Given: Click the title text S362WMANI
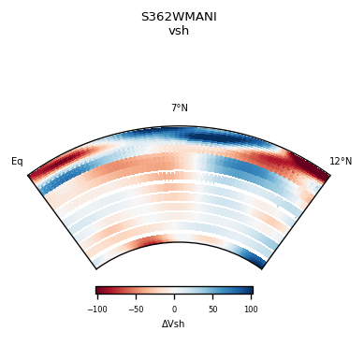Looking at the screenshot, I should (x=179, y=16).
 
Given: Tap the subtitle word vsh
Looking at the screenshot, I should (x=179, y=31).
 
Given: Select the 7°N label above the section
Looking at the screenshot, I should (x=179, y=108).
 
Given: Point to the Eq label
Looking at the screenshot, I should (x=17, y=162).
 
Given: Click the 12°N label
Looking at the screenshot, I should (x=341, y=162).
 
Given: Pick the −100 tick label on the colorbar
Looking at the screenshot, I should (x=96, y=309).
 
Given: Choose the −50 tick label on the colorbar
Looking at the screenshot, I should (x=136, y=309).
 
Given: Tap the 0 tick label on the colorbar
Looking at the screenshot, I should (x=174, y=309).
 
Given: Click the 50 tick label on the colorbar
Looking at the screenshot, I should (x=212, y=309).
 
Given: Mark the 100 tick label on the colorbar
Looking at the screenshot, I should (x=251, y=309).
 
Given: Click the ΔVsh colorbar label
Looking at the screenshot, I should (x=174, y=324).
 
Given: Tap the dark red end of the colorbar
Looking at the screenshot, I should (x=99, y=291).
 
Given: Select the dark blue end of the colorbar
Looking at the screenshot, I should (x=249, y=291).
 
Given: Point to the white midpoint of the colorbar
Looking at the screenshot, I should (x=174, y=291).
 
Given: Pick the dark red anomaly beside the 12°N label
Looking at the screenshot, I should (x=309, y=166).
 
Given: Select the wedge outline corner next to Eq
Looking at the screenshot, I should (x=29, y=175).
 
